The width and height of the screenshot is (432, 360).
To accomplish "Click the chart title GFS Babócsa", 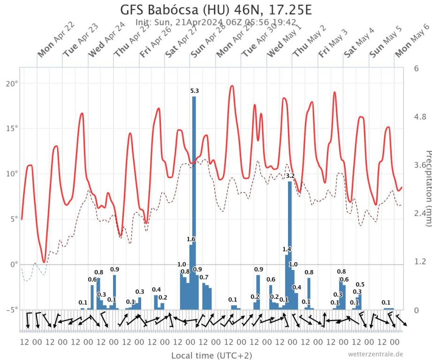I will click(x=216, y=10).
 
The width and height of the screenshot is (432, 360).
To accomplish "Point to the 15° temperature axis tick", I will click(x=11, y=128).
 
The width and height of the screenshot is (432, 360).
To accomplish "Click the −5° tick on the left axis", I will click(x=10, y=309).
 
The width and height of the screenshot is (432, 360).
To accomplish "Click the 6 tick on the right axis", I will click(x=417, y=68).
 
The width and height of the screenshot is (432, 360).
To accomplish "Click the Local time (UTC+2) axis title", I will click(x=211, y=355).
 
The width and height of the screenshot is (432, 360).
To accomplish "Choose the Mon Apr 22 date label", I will click(x=50, y=46).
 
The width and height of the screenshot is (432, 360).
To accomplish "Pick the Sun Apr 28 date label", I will click(x=203, y=46).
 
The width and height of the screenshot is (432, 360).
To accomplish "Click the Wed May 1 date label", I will click(x=279, y=46).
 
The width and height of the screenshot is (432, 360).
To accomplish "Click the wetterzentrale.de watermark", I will click(x=375, y=354).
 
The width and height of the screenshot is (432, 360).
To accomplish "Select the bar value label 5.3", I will click(x=194, y=91).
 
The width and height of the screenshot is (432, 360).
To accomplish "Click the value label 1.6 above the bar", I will click(x=191, y=239).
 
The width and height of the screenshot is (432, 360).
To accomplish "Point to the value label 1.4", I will click(x=287, y=249).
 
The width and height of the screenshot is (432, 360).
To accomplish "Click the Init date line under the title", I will click(x=215, y=22).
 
